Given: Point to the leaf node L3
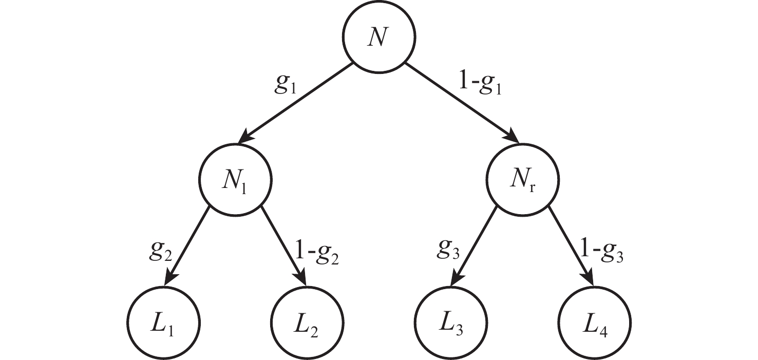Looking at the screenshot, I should click(450, 324).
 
